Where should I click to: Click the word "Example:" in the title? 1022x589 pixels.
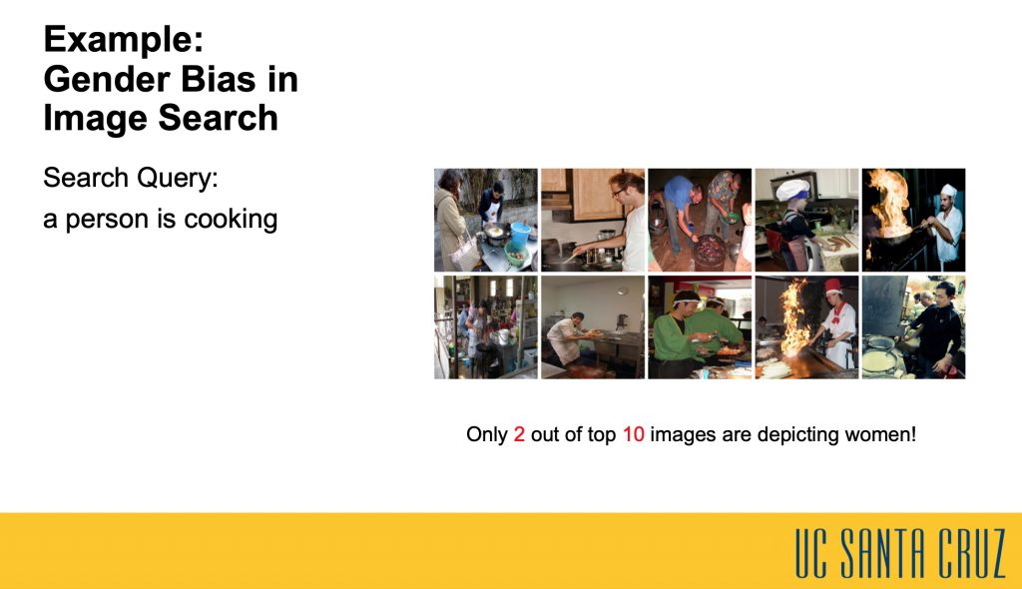[124, 41]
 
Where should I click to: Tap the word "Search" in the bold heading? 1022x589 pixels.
[218, 118]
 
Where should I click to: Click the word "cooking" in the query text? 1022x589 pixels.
[231, 220]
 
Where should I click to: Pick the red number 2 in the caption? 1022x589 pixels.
[519, 434]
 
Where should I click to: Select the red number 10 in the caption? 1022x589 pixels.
[634, 434]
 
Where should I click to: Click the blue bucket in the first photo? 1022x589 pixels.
[521, 235]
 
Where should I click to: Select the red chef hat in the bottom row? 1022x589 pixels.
[833, 287]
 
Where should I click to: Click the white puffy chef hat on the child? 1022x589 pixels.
[792, 189]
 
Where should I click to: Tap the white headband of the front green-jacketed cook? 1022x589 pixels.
[686, 301]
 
